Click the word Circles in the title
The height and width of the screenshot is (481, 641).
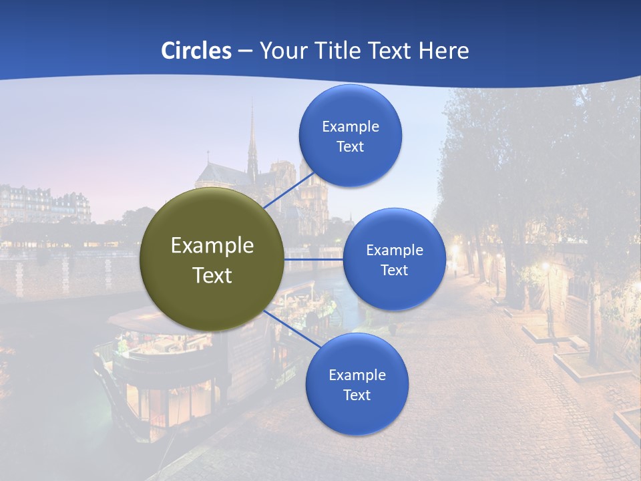tap(196, 51)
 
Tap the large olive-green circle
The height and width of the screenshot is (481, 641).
tap(212, 259)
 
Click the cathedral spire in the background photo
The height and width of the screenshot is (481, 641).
tap(252, 140)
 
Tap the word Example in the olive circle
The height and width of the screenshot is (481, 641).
tap(212, 246)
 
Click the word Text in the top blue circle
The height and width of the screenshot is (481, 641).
tap(350, 147)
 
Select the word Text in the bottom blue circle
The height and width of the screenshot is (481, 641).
tap(357, 395)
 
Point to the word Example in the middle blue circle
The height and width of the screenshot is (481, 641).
tap(394, 251)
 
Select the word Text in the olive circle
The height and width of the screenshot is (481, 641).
tap(212, 275)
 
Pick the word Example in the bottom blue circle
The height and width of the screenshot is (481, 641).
tap(357, 375)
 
